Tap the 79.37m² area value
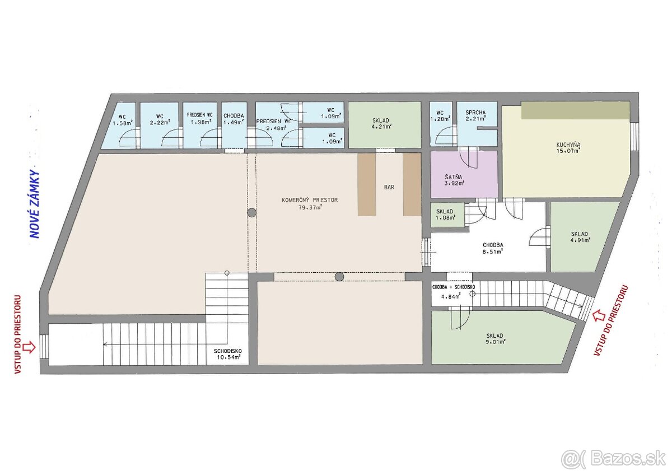pos(310,207)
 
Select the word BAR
pos(389,187)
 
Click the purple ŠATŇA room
pos(464,174)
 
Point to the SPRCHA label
pos(475,113)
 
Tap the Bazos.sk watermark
pos(616,459)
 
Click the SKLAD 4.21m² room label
pos(381,123)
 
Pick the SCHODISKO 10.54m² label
pos(228,354)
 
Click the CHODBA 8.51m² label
pos(493,249)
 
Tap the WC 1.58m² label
pos(123,120)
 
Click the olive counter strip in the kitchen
pos(575,110)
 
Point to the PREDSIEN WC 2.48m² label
pos(274,125)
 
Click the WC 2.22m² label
pos(160,119)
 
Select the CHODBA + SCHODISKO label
pos(453,287)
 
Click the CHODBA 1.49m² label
pos(234,119)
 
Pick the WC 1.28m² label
pos(440,116)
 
